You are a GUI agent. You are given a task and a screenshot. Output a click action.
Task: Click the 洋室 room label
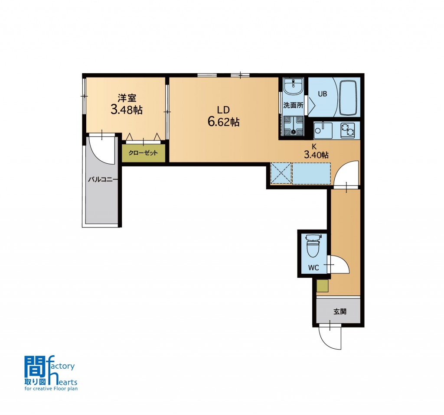(x=127, y=98)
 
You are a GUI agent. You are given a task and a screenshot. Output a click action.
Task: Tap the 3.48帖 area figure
(x=127, y=110)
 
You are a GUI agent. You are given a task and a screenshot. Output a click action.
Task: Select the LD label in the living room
(x=223, y=110)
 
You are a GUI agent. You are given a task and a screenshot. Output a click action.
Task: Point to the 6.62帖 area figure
(x=224, y=122)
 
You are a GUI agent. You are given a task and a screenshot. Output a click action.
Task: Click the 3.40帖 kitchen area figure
(x=316, y=155)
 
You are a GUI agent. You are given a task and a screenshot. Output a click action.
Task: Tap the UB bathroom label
(x=323, y=94)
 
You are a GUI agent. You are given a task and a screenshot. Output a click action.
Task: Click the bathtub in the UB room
(x=348, y=98)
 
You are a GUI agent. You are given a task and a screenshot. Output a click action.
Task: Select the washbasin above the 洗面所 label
(x=294, y=87)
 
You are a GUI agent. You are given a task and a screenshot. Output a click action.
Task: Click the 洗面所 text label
(x=294, y=106)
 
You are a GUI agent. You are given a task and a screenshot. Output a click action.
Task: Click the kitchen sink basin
(x=323, y=130)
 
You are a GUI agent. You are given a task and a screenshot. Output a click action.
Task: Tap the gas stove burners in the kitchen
(x=347, y=130)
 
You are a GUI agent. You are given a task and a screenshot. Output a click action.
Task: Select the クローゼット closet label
(x=143, y=153)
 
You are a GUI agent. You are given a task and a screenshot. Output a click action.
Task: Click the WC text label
(x=313, y=268)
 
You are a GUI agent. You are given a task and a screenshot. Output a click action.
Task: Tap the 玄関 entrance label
(x=340, y=312)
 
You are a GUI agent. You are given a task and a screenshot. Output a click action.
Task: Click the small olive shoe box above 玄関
(x=323, y=286)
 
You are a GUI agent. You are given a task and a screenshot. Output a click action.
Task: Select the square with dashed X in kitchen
(x=281, y=173)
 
